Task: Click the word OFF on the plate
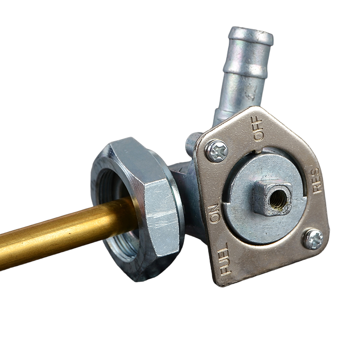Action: coord(257,129)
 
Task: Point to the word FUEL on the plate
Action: coord(224,259)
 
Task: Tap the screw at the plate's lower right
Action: coord(313,239)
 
